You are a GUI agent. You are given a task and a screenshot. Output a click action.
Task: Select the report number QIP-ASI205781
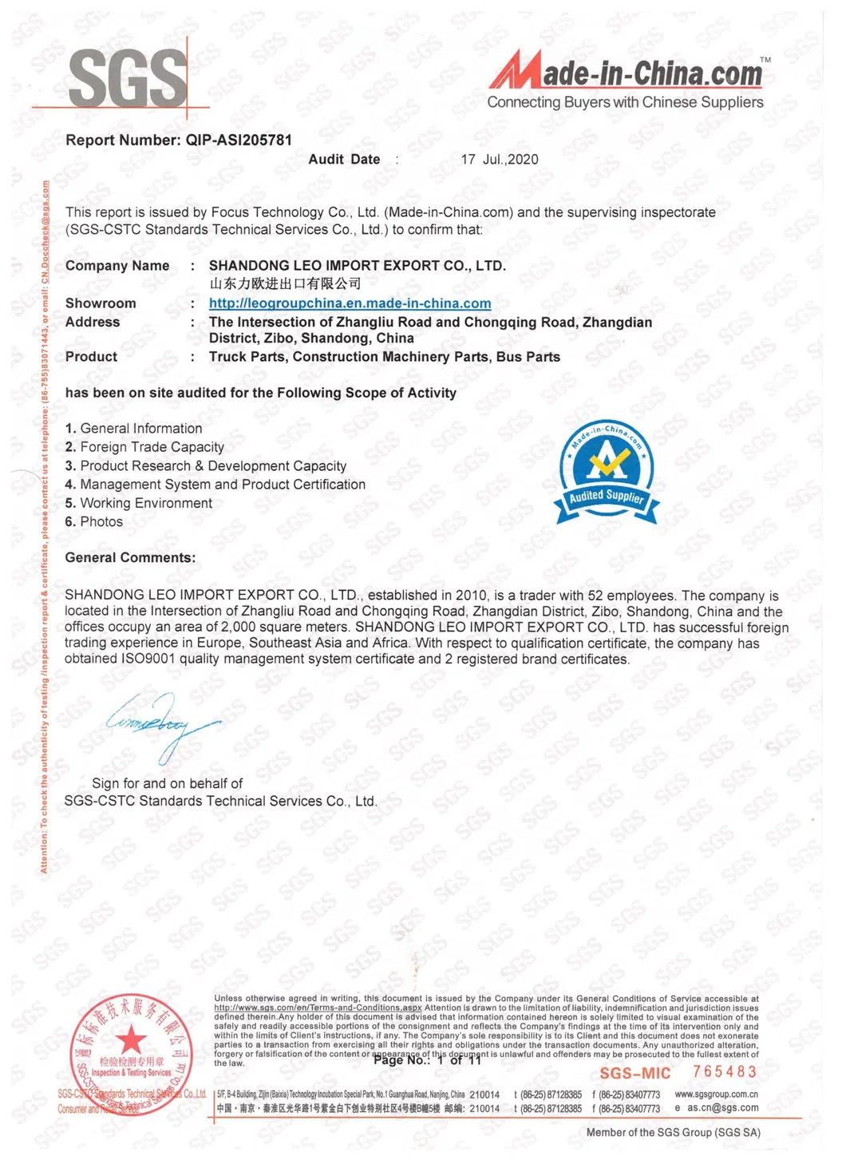pyautogui.click(x=239, y=141)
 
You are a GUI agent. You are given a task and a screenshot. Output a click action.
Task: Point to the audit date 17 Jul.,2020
pyautogui.click(x=500, y=160)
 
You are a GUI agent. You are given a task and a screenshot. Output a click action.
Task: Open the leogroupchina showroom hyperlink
pyautogui.click(x=350, y=303)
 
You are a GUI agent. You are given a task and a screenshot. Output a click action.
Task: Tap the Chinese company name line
pyautogui.click(x=285, y=283)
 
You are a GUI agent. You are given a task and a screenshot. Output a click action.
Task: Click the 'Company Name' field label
pyautogui.click(x=117, y=266)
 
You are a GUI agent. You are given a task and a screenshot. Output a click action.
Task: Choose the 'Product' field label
pyautogui.click(x=91, y=357)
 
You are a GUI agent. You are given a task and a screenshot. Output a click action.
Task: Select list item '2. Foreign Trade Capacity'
pyautogui.click(x=144, y=447)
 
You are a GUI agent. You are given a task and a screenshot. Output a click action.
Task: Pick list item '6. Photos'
pyautogui.click(x=94, y=521)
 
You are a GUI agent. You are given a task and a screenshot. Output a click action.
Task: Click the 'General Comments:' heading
pyautogui.click(x=130, y=558)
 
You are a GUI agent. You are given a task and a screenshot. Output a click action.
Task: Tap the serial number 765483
pyautogui.click(x=725, y=1072)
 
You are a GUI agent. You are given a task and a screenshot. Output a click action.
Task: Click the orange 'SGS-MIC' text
pyautogui.click(x=635, y=1074)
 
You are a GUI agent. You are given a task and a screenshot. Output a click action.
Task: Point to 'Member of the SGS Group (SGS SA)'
pyautogui.click(x=673, y=1133)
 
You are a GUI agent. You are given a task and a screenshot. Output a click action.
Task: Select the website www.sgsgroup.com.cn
pyautogui.click(x=716, y=1095)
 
